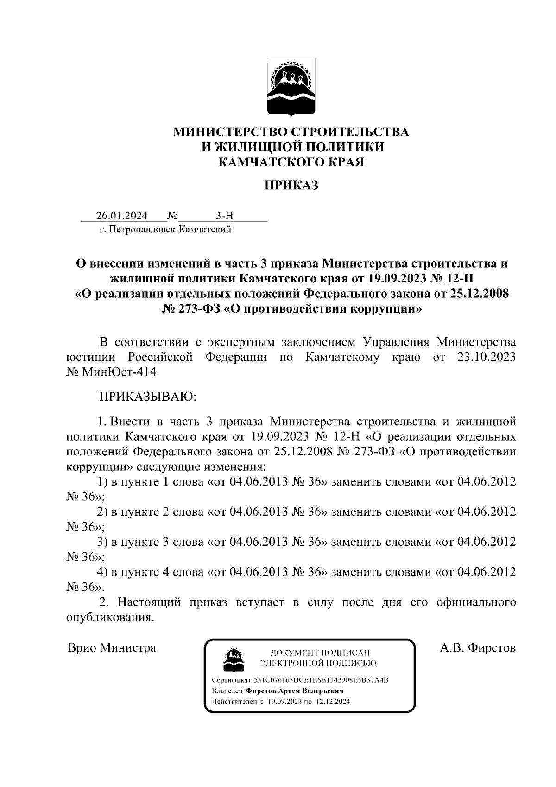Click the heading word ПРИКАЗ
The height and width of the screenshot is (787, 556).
point(291,186)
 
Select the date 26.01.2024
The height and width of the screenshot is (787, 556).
point(122,216)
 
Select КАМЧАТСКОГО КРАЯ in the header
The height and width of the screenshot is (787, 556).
point(291,162)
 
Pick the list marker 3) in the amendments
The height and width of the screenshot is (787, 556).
point(102,542)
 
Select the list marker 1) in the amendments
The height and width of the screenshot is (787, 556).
point(102,481)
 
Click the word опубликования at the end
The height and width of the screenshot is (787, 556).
point(109,617)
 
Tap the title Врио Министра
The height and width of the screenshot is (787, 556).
point(112,647)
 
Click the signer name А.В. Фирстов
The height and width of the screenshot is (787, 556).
point(478,647)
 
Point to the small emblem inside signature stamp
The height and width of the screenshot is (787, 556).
point(234,659)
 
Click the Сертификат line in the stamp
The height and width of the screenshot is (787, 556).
point(299,680)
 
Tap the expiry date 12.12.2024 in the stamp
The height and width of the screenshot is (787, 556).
point(333,701)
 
